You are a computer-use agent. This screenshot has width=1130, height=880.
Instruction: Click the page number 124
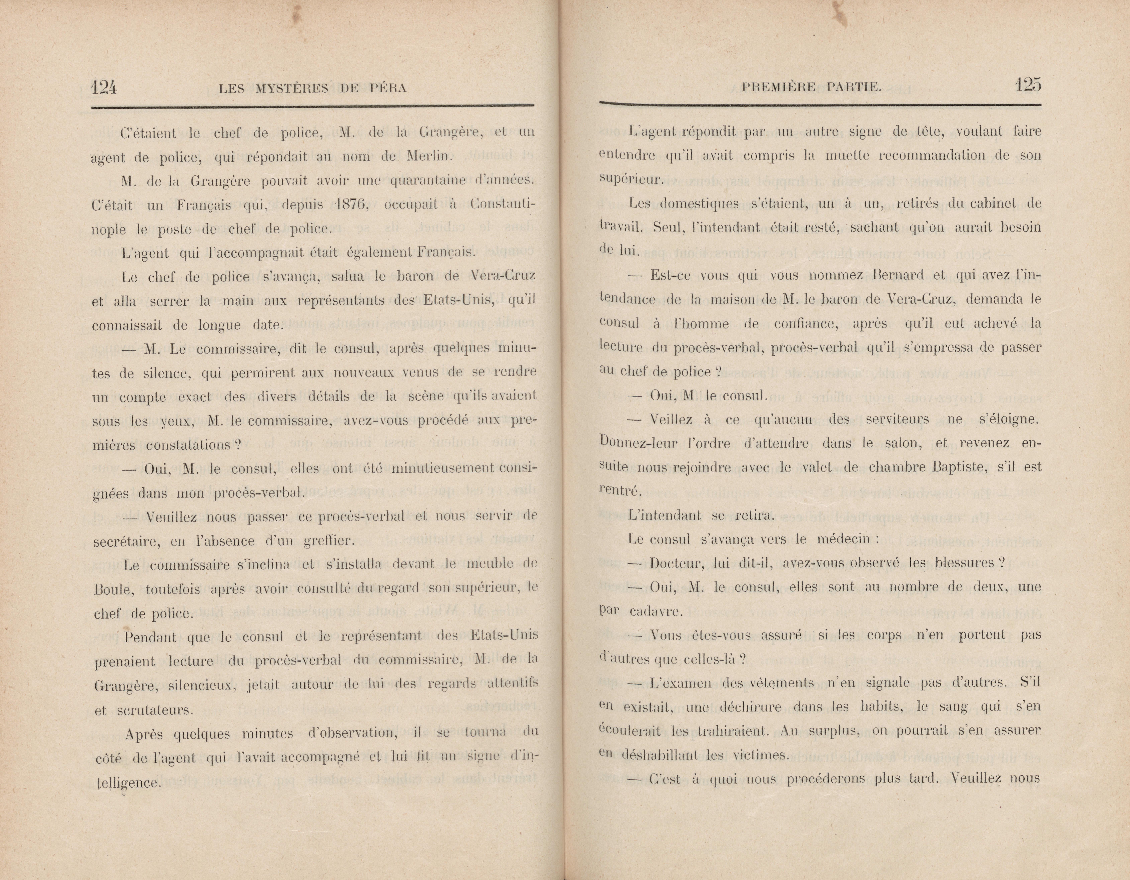[105, 87]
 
